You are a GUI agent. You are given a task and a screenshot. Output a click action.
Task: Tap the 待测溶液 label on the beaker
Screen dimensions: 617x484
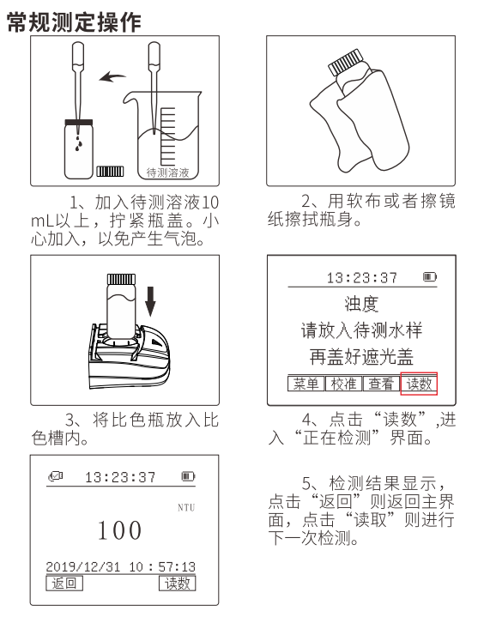pos(168,172)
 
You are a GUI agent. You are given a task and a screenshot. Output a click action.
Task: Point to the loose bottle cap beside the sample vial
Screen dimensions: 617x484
pos(112,172)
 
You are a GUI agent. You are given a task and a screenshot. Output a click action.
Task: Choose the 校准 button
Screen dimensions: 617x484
pos(342,384)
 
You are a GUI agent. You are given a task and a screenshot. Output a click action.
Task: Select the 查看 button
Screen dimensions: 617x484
pos(381,384)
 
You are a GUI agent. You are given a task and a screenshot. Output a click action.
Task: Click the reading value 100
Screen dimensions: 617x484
pos(119,530)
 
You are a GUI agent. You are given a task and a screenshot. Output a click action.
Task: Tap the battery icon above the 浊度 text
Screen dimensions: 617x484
pos(428,278)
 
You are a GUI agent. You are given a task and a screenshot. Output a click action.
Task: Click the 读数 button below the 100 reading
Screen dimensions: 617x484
pos(178,584)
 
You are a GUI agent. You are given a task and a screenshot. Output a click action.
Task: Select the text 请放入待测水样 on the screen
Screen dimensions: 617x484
pos(361,331)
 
